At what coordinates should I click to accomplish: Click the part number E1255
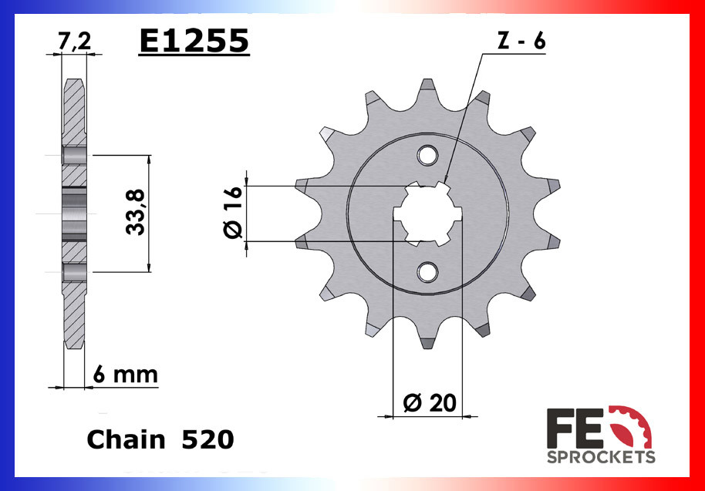[x=194, y=42]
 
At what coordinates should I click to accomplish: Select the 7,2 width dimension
[x=74, y=43]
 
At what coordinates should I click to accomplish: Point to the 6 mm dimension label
[x=125, y=375]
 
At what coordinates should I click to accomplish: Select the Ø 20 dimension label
[x=430, y=402]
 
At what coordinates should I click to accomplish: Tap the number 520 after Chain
[x=207, y=439]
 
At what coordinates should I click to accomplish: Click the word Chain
[x=126, y=439]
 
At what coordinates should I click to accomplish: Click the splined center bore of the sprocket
[x=427, y=214]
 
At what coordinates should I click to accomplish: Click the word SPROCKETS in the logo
[x=601, y=457]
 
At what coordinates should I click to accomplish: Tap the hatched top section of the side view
[x=73, y=112]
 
